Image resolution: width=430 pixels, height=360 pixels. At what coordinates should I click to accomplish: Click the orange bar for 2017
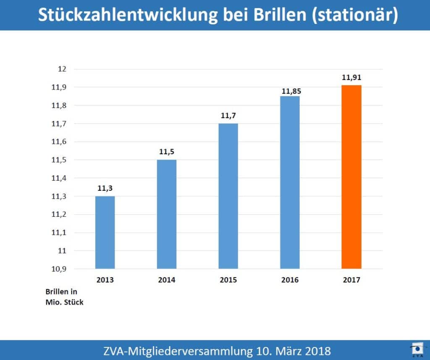[351, 177]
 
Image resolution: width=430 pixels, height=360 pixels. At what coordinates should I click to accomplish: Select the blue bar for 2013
[105, 232]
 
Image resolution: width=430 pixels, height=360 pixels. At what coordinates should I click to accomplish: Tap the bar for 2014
[167, 214]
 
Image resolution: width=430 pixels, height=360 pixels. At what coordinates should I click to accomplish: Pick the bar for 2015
[228, 196]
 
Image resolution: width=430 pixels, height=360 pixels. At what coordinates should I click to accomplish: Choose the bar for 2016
[290, 182]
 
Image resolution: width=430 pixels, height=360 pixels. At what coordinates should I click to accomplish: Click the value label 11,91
[351, 77]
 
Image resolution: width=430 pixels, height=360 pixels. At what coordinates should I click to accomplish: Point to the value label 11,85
[290, 90]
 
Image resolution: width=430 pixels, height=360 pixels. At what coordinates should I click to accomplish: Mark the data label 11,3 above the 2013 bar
[105, 189]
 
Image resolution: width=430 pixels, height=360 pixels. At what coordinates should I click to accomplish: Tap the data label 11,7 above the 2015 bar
[228, 116]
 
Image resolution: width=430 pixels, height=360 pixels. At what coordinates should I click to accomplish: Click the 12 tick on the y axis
[62, 69]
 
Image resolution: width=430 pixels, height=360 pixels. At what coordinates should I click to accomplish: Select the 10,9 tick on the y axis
[59, 269]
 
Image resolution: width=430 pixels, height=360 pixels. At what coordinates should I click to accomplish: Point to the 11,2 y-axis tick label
[59, 214]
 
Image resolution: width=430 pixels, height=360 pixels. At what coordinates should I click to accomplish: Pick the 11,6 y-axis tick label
[59, 142]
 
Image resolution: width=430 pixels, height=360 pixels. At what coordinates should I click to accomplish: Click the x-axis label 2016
[290, 280]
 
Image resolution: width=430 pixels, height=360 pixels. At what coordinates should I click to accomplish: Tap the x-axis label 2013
[105, 280]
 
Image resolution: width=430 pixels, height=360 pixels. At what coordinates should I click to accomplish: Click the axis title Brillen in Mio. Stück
[64, 297]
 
